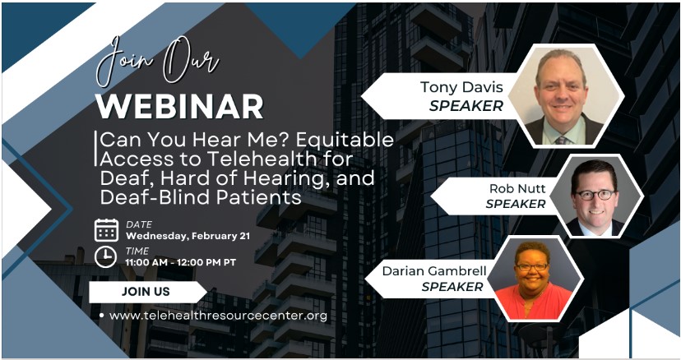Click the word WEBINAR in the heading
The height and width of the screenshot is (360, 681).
(x=180, y=106)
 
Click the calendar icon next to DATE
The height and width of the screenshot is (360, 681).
(x=106, y=229)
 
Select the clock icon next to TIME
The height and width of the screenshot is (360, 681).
(x=106, y=256)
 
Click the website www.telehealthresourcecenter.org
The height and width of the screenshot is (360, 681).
(x=218, y=316)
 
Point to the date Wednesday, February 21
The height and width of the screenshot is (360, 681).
(x=188, y=236)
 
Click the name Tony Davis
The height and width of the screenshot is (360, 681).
(x=461, y=87)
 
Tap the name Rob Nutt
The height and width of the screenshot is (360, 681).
(x=517, y=188)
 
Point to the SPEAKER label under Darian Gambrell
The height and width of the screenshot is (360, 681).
(x=452, y=287)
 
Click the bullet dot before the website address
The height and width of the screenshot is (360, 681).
(x=100, y=316)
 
